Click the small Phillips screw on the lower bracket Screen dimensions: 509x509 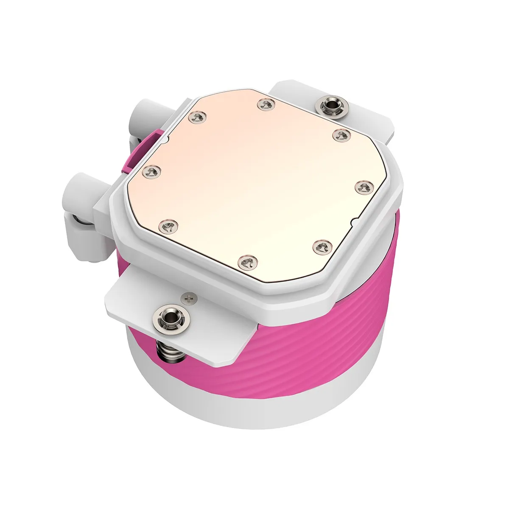(189, 298)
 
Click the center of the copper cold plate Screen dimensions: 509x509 (255, 182)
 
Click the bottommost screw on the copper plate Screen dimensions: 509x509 (247, 262)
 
